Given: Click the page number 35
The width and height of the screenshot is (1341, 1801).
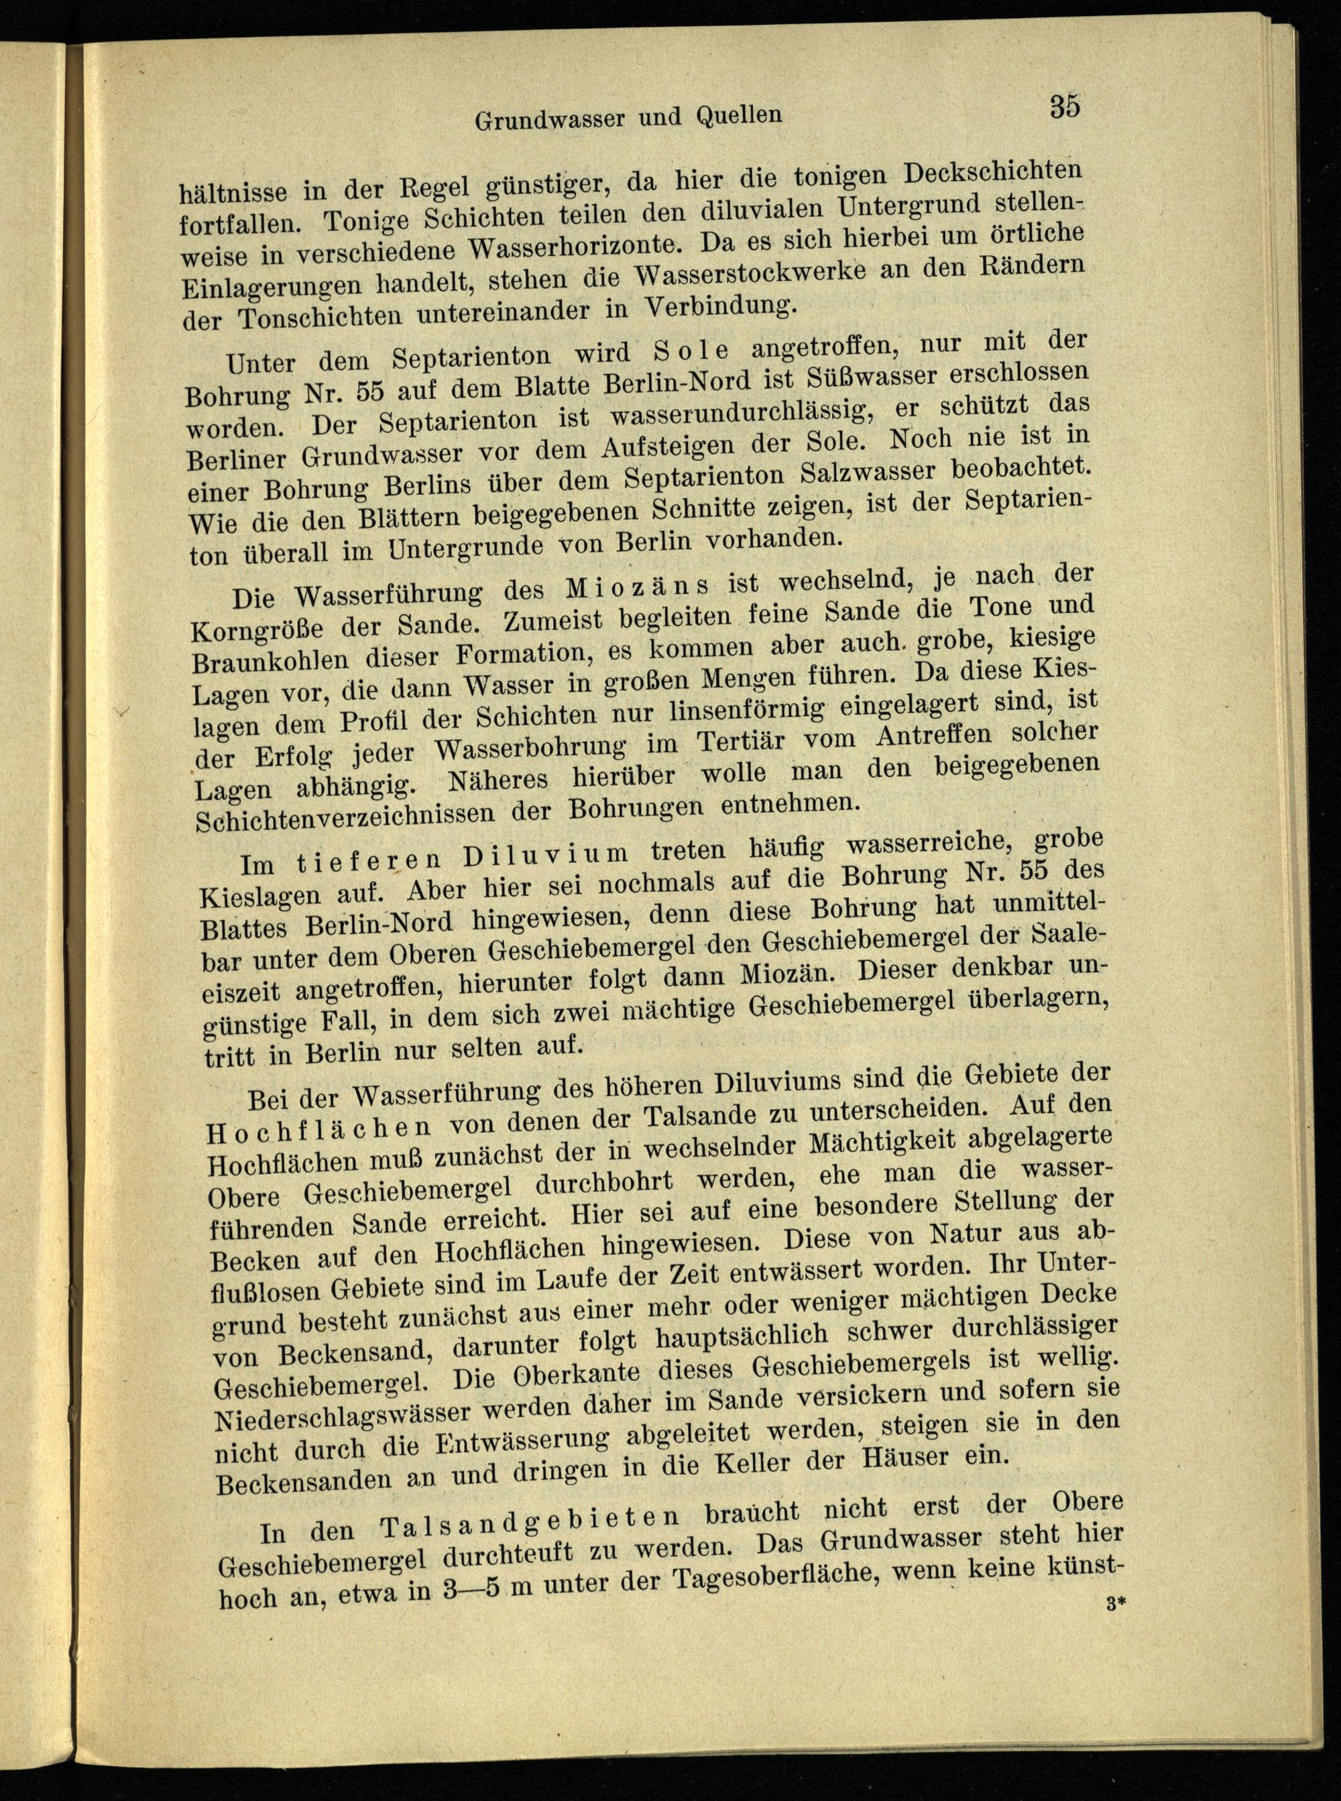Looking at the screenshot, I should (x=1063, y=107).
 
